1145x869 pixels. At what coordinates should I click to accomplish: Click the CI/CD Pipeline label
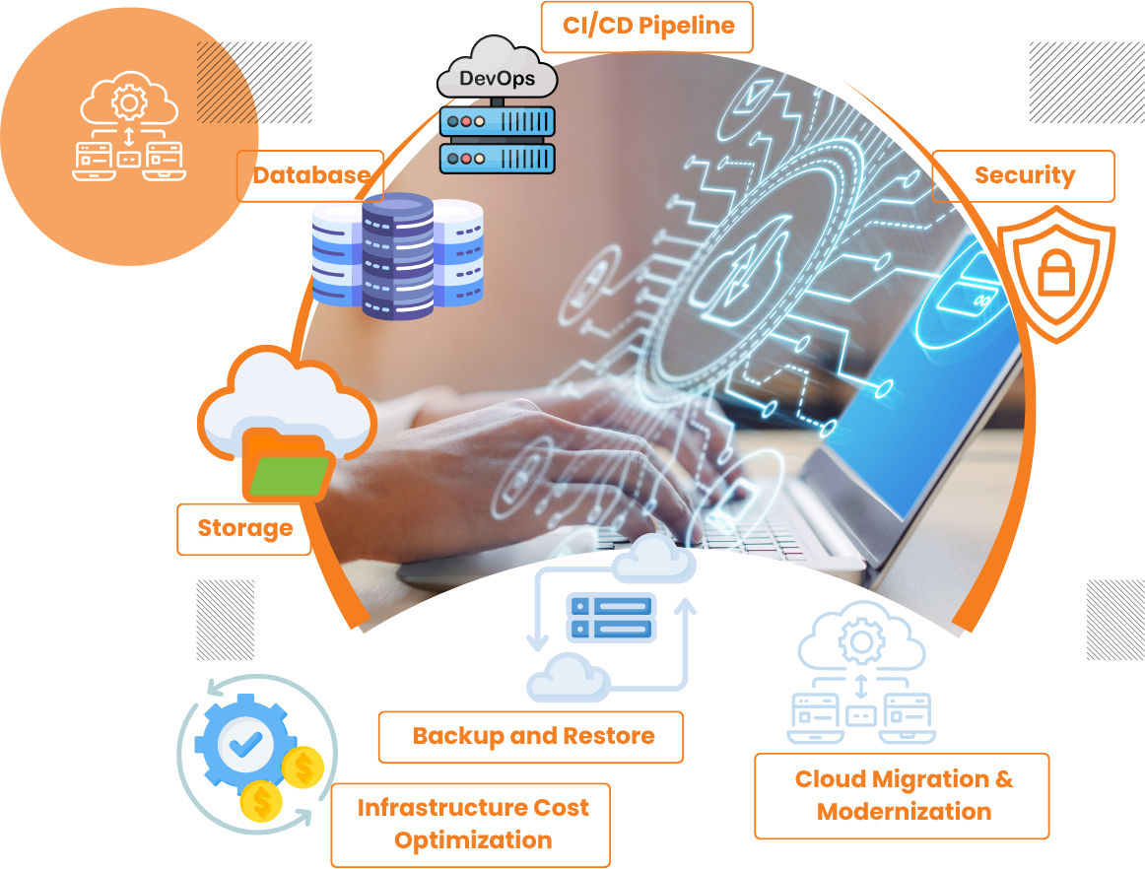[646, 27]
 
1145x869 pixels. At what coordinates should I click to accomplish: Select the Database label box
[310, 176]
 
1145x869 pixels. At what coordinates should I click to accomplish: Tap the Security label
[1024, 175]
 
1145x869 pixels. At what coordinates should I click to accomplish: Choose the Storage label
[244, 528]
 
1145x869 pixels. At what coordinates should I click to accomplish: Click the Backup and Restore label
[532, 736]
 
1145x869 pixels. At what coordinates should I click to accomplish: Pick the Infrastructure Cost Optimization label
[472, 824]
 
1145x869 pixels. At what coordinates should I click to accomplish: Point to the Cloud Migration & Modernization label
[903, 795]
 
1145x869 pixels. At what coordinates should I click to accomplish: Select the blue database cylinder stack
[398, 256]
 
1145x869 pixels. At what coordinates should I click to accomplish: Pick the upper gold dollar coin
[303, 766]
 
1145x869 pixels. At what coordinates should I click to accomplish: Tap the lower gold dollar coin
[262, 801]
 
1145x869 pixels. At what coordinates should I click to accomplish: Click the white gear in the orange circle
[127, 100]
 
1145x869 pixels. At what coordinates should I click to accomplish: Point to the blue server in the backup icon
[611, 617]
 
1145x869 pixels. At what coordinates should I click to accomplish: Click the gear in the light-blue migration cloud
[860, 643]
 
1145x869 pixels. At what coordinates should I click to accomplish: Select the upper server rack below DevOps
[498, 123]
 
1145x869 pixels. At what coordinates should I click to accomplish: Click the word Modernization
[904, 812]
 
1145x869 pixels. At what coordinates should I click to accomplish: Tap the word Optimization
[473, 840]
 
